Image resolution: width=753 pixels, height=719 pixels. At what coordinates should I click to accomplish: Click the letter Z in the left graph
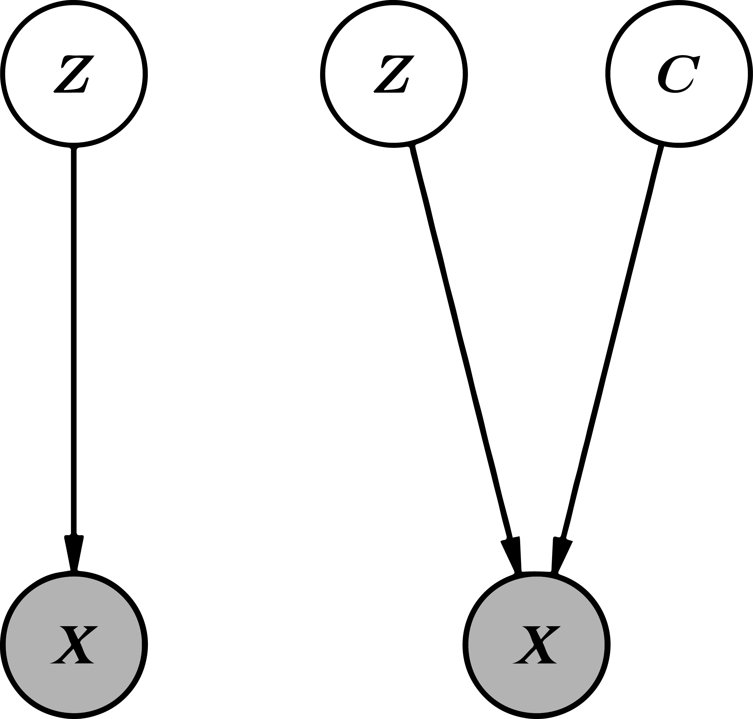click(x=74, y=74)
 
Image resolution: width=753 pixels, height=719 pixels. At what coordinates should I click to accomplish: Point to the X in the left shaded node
click(x=74, y=645)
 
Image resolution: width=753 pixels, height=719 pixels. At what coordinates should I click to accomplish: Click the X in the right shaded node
click(x=536, y=645)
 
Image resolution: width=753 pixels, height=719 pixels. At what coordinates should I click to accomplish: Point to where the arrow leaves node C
click(x=660, y=148)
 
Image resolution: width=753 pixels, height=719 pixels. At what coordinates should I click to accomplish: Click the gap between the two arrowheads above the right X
click(x=536, y=556)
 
